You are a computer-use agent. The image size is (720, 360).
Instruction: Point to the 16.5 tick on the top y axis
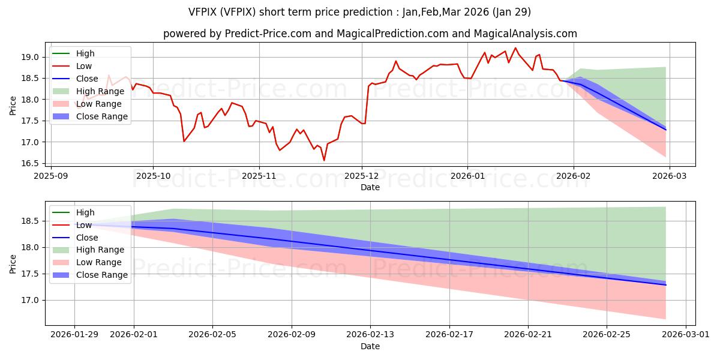coord(30,163)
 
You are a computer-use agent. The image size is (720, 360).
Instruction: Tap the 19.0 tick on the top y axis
coord(30,57)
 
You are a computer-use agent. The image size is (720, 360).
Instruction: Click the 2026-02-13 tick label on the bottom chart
coord(370,335)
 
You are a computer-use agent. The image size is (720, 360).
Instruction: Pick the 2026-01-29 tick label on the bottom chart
coord(74,335)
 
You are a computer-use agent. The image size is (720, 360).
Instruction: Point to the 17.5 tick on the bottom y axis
coord(30,274)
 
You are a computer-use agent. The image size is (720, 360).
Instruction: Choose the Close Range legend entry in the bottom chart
coord(101,275)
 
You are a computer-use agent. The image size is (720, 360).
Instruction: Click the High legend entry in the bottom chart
coord(85,212)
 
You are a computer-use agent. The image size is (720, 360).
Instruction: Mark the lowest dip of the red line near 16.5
coord(324,160)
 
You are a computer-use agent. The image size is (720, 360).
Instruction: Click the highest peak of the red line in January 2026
coord(515,48)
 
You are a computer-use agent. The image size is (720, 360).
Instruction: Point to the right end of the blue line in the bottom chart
coord(665,284)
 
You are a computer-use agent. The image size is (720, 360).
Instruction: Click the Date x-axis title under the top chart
coord(370,187)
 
